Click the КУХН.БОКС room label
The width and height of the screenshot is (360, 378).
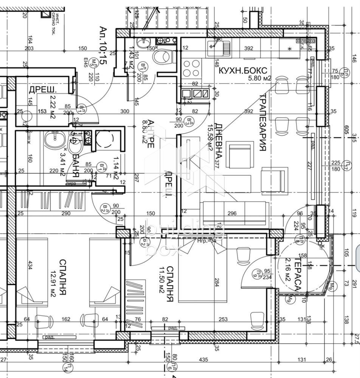(243, 70)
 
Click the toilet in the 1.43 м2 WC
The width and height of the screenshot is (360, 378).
(163, 57)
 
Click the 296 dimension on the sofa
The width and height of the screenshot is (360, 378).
(232, 214)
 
